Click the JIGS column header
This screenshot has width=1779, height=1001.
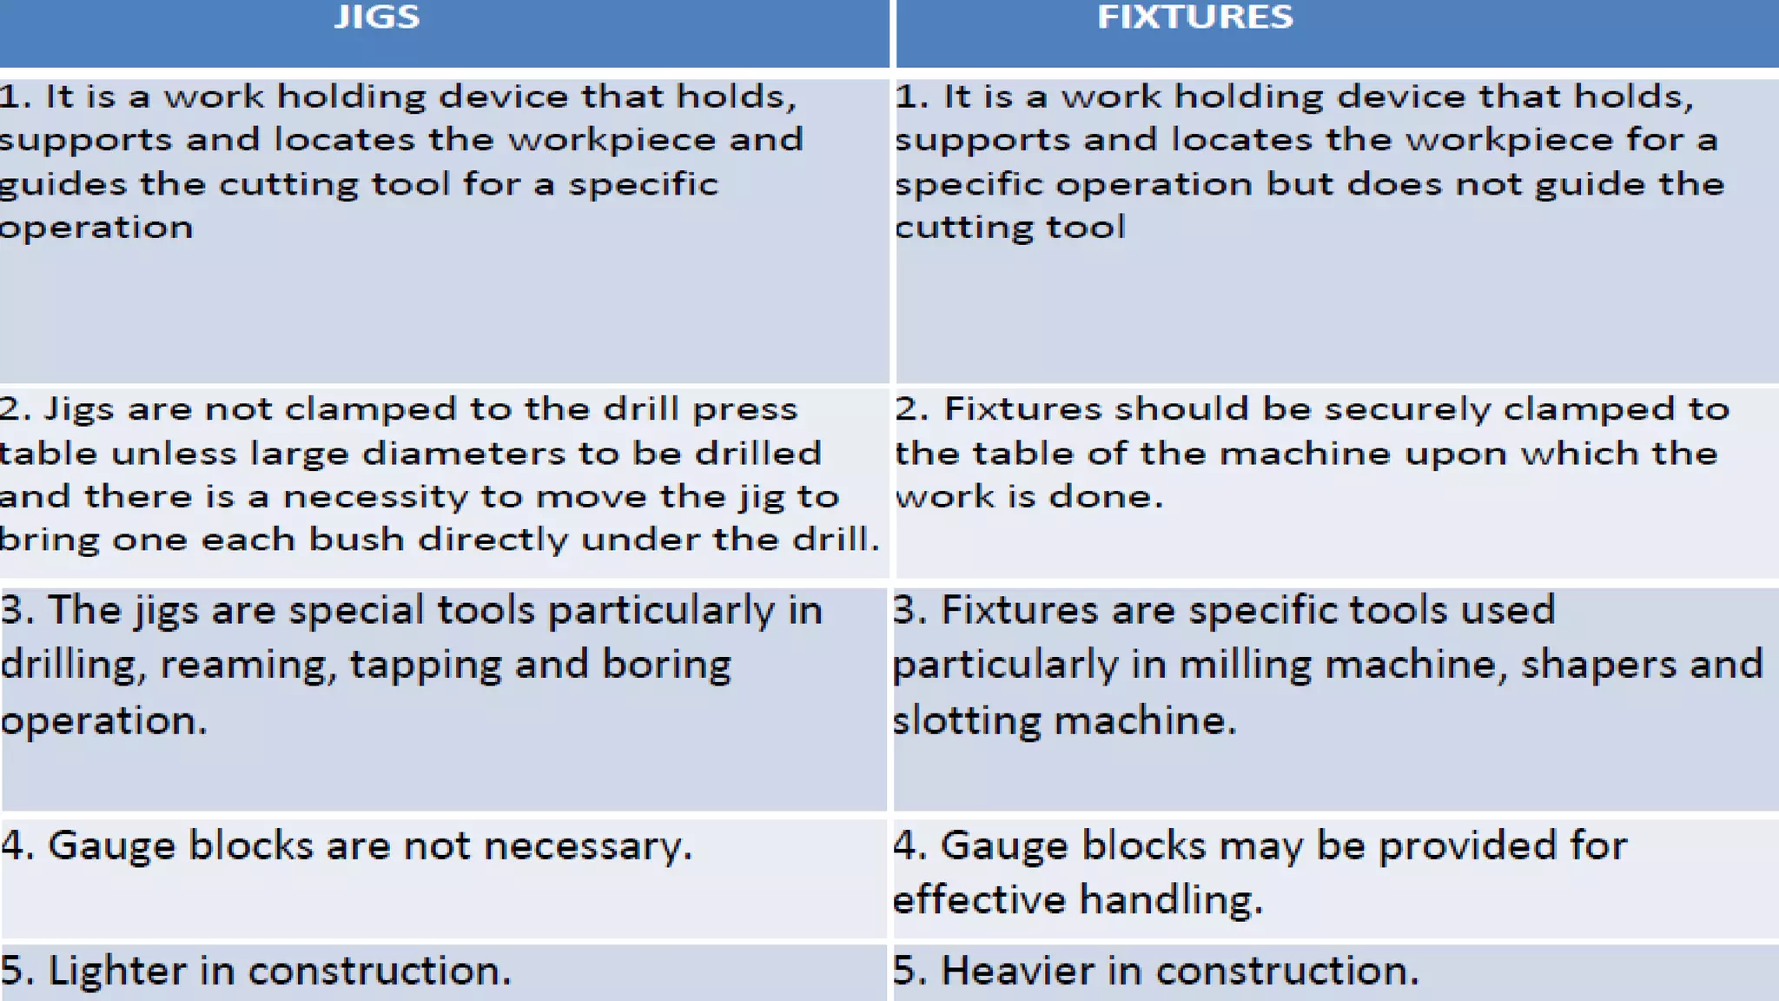pos(377,17)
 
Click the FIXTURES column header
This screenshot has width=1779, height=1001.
pos(1195,17)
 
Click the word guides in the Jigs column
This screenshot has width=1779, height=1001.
pos(61,185)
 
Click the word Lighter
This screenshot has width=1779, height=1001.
pos(116,971)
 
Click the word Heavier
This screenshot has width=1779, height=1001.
pos(1017,971)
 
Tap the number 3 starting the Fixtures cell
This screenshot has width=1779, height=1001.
pos(905,610)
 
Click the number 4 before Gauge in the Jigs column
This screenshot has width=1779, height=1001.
pos(15,845)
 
